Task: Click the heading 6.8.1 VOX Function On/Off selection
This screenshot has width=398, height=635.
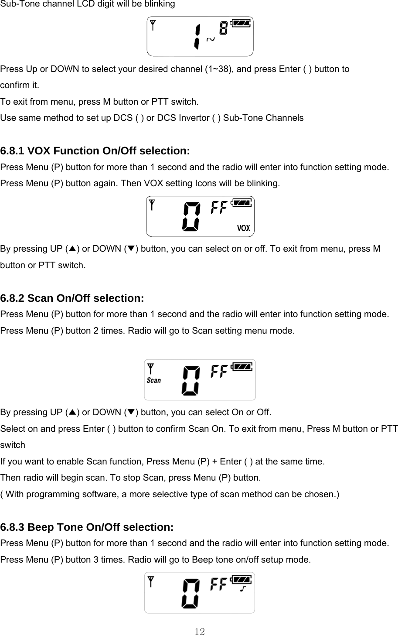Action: [x=95, y=151]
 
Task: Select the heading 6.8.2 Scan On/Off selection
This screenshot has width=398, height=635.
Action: [x=72, y=298]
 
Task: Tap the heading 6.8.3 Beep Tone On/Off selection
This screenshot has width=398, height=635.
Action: [x=87, y=527]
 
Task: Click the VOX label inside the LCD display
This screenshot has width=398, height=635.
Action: [x=243, y=228]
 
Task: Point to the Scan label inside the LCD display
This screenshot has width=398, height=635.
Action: [x=153, y=380]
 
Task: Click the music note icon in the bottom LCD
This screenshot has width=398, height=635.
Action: [x=244, y=590]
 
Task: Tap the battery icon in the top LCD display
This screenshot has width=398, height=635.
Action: [x=241, y=23]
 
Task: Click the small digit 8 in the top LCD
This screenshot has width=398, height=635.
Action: [x=223, y=29]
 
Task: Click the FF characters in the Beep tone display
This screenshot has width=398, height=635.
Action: [x=219, y=584]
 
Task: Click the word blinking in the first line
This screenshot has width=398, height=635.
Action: [x=160, y=4]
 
